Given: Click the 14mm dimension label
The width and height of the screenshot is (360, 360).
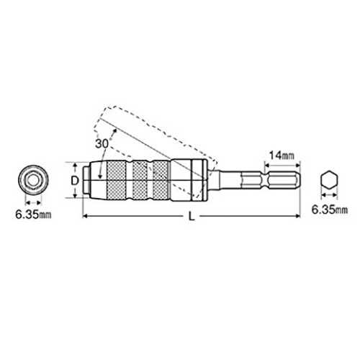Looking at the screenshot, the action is [x=282, y=156].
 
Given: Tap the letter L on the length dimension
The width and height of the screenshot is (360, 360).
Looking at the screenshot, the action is [x=192, y=217].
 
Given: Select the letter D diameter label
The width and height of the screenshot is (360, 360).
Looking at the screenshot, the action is [x=75, y=181].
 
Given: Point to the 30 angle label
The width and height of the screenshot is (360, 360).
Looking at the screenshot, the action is [x=102, y=144].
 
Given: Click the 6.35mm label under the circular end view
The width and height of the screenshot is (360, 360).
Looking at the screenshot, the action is [x=33, y=215].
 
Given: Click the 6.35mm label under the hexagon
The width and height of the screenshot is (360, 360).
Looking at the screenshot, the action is [x=329, y=210].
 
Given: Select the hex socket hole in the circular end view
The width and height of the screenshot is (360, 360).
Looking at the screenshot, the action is [x=33, y=181].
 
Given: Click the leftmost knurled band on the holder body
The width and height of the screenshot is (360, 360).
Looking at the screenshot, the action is [x=117, y=181].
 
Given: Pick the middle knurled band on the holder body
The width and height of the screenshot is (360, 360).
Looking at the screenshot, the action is [x=140, y=181].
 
